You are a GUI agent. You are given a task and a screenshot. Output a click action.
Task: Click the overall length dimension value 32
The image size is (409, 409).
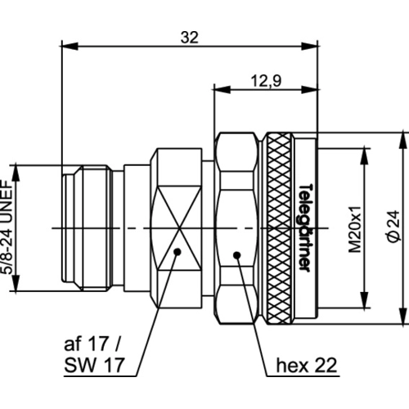(190, 38)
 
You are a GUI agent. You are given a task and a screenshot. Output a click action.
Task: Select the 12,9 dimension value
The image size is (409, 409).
(266, 81)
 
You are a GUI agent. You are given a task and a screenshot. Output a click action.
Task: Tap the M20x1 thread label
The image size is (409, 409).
(355, 229)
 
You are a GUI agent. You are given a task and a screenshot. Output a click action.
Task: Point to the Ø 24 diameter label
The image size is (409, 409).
(393, 226)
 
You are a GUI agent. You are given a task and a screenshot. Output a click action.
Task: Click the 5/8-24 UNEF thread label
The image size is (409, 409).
(7, 227)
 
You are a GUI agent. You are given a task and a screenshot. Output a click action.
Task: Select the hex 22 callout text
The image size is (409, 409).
(307, 365)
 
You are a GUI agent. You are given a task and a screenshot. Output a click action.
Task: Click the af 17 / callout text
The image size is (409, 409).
(92, 344)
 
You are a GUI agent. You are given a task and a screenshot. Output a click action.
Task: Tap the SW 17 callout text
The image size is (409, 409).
(94, 365)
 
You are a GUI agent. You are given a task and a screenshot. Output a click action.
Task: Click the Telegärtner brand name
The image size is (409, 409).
(305, 227)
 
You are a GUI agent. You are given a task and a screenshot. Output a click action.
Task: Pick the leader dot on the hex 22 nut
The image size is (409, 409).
(237, 255)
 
